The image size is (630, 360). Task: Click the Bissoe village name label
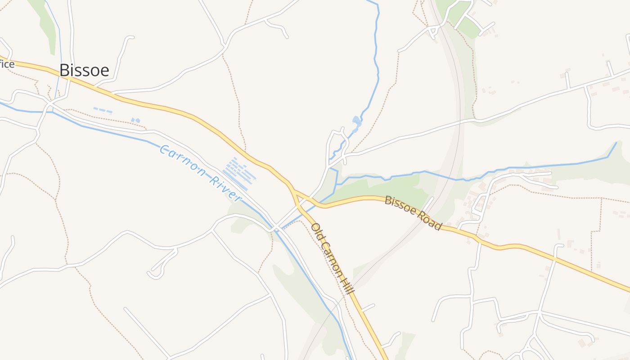coord(84,70)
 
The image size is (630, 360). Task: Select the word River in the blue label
coord(225,188)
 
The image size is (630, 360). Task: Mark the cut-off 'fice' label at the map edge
coord(7,64)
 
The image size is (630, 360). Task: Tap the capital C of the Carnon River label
coord(164,149)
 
